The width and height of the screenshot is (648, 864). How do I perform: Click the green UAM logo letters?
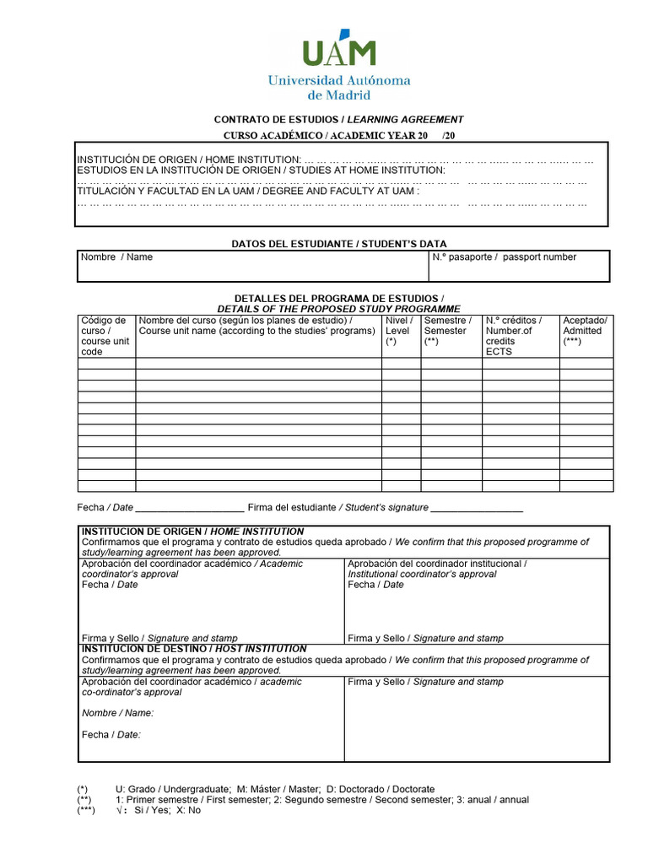click(x=338, y=52)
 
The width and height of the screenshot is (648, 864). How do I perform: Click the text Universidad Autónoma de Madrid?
click(x=338, y=87)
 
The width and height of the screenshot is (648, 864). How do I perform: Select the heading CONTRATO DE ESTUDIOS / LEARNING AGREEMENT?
click(x=338, y=120)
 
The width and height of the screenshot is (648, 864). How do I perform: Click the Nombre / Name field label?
click(x=116, y=257)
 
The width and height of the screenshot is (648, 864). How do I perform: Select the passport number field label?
click(x=505, y=257)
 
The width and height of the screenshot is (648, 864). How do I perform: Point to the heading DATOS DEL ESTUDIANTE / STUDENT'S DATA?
click(x=339, y=244)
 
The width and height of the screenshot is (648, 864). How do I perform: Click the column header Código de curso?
click(x=105, y=336)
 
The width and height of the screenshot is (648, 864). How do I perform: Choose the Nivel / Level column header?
click(x=399, y=331)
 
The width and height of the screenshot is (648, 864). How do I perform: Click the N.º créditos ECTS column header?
click(x=514, y=336)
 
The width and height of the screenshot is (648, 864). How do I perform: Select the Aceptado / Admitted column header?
click(x=585, y=331)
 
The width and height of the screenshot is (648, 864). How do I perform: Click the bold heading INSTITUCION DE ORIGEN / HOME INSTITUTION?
click(x=192, y=532)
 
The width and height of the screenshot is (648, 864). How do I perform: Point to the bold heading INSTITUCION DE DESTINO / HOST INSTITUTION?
click(x=194, y=649)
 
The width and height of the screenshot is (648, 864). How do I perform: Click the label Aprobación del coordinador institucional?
click(x=437, y=564)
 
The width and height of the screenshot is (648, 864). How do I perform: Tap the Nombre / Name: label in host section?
click(x=117, y=713)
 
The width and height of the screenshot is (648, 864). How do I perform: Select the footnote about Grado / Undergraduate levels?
click(x=274, y=789)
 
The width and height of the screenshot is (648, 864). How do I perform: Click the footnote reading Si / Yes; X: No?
click(x=160, y=810)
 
